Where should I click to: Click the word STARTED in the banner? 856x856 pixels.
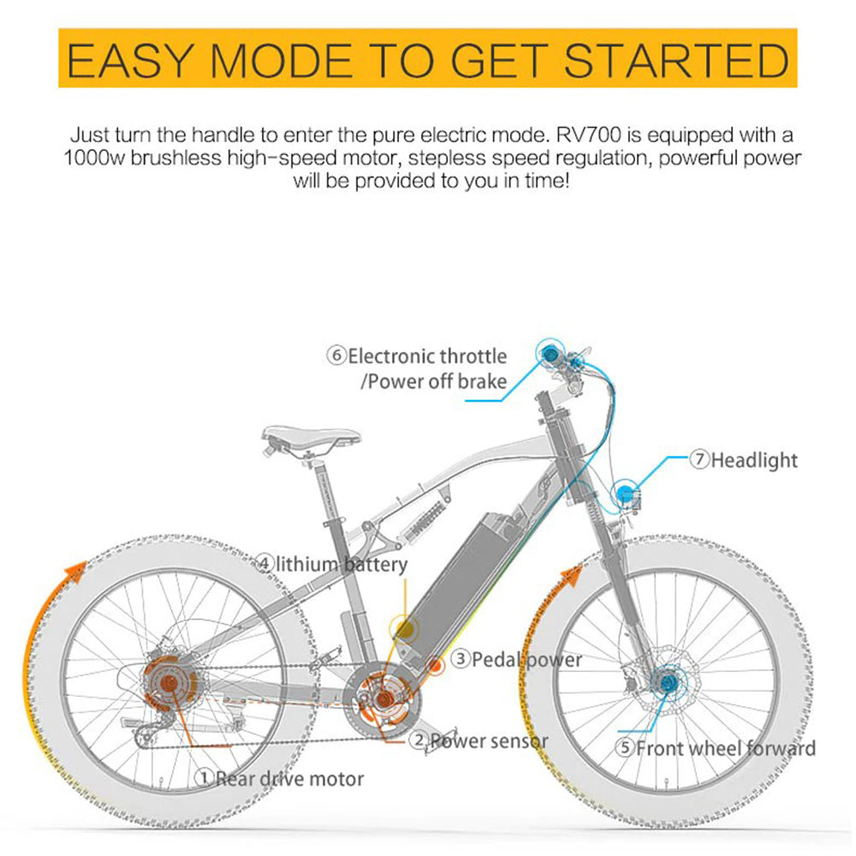click(x=677, y=60)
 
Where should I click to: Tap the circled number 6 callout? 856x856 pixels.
click(x=336, y=356)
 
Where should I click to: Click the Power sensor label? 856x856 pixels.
click(x=489, y=741)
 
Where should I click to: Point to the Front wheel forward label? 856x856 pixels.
click(x=726, y=748)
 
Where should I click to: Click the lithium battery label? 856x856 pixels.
click(x=342, y=565)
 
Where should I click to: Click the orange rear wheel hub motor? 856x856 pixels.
click(x=169, y=684)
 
